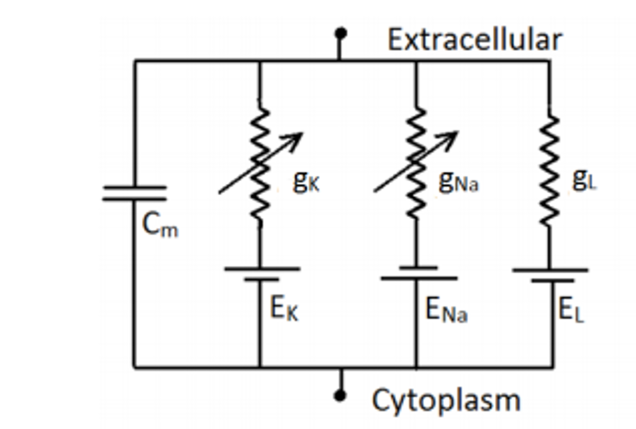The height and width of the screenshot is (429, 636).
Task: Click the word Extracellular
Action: tap(475, 40)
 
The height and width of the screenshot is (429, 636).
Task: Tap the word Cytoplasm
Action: tap(445, 400)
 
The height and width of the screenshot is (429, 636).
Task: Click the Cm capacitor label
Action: tap(160, 225)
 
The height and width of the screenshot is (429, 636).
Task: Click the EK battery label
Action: tap(284, 309)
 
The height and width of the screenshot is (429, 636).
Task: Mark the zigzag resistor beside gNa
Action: tap(416, 165)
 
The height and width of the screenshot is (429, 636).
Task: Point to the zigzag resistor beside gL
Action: tap(550, 169)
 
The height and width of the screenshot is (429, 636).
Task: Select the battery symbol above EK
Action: tap(261, 274)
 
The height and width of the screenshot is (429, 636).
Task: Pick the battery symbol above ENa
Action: tap(417, 273)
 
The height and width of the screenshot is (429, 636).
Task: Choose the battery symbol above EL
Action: tap(551, 275)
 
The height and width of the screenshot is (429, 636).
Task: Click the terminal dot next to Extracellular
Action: tap(340, 32)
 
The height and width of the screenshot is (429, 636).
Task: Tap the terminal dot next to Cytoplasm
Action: tap(339, 395)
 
